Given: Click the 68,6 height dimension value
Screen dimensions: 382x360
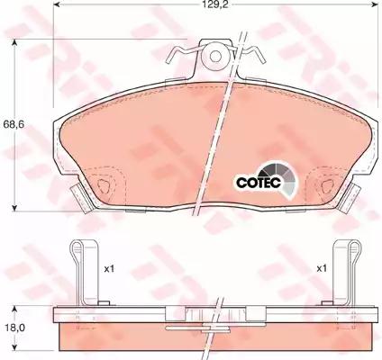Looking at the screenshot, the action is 14,124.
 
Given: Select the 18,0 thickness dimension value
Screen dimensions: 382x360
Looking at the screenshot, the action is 14,328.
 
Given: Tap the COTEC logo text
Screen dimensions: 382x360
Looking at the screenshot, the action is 259,182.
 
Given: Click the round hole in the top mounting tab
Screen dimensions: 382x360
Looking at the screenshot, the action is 215,56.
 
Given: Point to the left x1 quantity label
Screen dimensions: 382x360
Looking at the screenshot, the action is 109,269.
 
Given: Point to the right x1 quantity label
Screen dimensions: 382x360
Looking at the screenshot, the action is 322,268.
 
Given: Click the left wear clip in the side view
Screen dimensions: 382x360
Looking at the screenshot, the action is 85,273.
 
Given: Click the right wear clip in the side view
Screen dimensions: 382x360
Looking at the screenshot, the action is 346,273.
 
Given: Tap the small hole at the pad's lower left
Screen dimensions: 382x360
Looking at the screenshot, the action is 104,185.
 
